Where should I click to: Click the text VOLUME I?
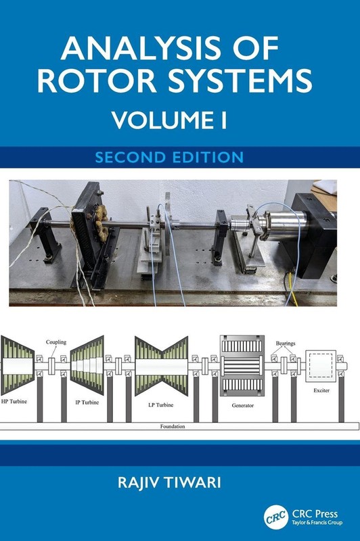[169, 120]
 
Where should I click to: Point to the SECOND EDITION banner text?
[169, 157]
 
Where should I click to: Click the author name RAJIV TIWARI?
[169, 482]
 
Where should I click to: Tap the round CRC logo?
[276, 517]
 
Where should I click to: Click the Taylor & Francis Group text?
[317, 523]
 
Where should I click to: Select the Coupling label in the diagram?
[56, 342]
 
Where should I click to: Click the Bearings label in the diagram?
[286, 344]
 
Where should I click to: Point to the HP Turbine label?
[14, 401]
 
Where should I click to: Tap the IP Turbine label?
[87, 402]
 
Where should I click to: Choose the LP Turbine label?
[161, 404]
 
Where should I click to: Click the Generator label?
[243, 405]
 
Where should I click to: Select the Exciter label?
[321, 391]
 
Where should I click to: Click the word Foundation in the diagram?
[173, 427]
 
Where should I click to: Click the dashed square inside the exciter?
[321, 366]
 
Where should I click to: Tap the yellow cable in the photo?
[292, 290]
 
